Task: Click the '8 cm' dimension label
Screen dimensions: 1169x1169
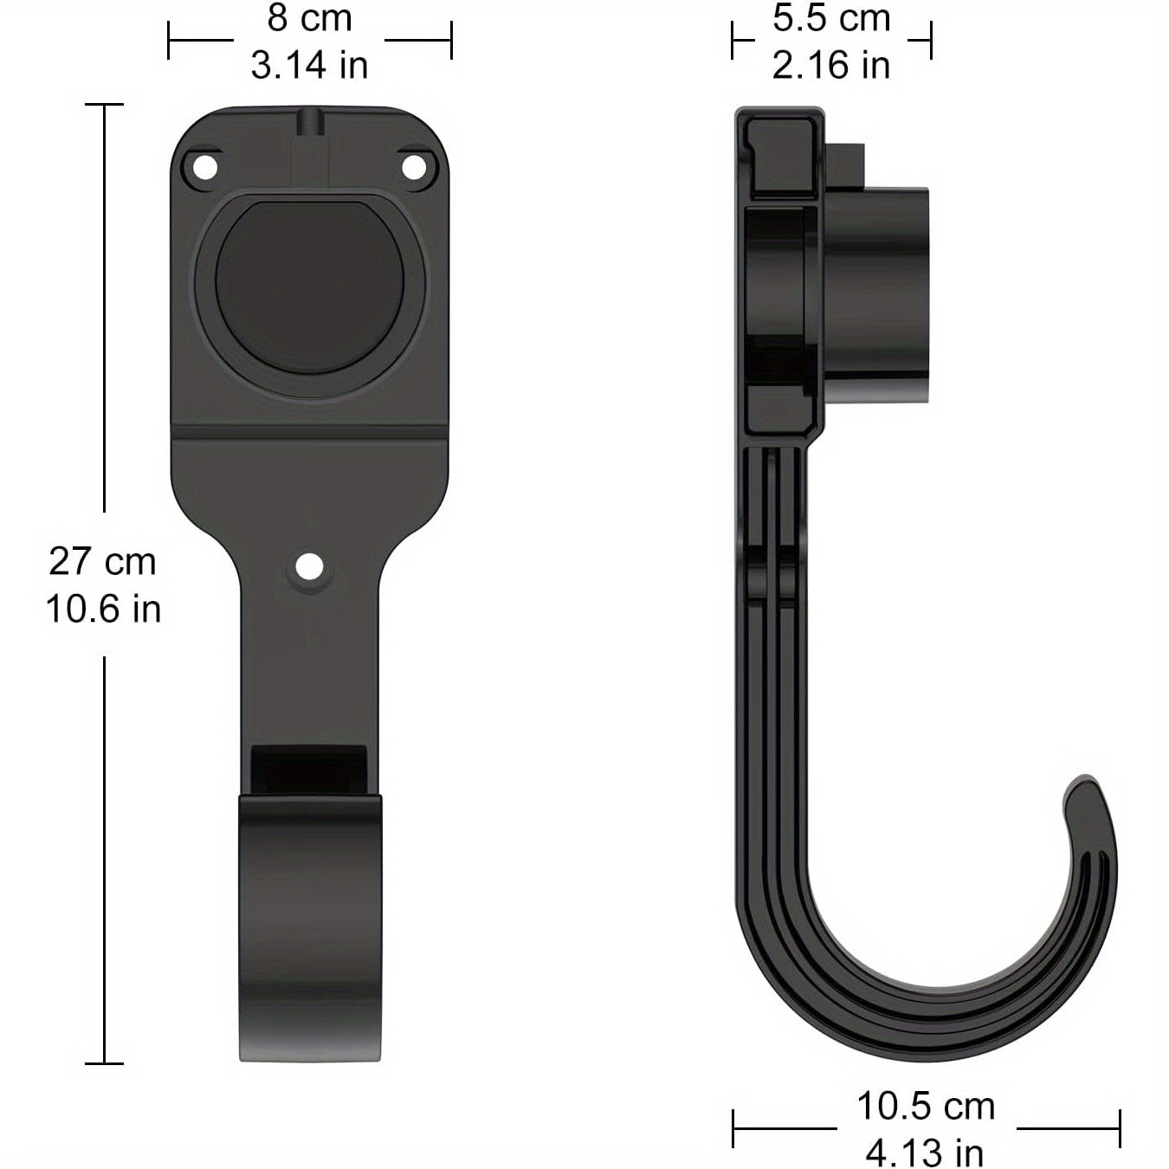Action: click(309, 18)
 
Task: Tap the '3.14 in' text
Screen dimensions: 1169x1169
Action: click(309, 65)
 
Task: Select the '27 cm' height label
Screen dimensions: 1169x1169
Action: click(102, 561)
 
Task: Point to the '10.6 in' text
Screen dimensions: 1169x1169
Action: click(103, 609)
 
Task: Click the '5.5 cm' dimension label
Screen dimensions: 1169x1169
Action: click(831, 18)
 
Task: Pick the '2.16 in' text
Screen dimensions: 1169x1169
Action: click(831, 65)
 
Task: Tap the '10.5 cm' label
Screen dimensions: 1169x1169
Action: click(926, 1106)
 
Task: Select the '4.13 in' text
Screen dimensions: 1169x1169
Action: click(925, 1153)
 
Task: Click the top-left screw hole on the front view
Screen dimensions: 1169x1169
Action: click(205, 167)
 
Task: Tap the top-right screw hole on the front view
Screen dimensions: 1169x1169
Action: click(415, 167)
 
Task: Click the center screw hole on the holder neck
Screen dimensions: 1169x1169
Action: click(309, 568)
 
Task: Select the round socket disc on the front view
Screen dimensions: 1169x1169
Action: click(309, 287)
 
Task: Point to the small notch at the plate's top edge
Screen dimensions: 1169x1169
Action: click(309, 121)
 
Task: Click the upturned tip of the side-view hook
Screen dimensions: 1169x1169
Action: click(1087, 792)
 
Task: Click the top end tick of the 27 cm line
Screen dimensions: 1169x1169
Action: click(104, 104)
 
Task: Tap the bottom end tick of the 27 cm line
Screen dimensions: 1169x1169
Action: click(104, 1063)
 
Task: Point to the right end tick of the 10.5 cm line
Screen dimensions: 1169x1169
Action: click(1120, 1128)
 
